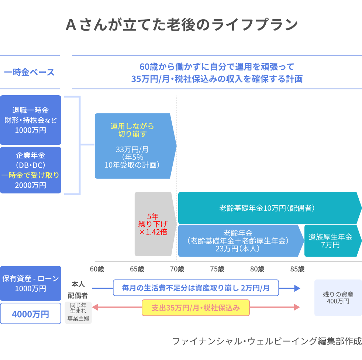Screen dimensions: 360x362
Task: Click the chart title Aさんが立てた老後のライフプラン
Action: pyautogui.click(x=181, y=25)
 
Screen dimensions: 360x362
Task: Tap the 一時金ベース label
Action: pyautogui.click(x=29, y=72)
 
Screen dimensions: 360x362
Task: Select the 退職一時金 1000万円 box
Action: pyautogui.click(x=31, y=120)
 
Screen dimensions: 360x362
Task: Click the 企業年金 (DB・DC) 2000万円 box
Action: pyautogui.click(x=31, y=170)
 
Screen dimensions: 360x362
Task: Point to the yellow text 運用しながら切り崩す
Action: pyautogui.click(x=132, y=130)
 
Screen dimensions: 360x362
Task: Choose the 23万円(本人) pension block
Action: pyautogui.click(x=238, y=241)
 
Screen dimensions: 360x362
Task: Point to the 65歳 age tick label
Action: pyautogui.click(x=137, y=269)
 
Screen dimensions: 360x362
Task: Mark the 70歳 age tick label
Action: pyautogui.click(x=177, y=269)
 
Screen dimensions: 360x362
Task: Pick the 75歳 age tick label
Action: pyautogui.click(x=217, y=269)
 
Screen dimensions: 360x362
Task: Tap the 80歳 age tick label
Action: pyautogui.click(x=257, y=269)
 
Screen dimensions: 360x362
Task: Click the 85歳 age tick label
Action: pyautogui.click(x=297, y=269)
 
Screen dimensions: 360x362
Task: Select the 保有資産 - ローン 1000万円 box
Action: pyautogui.click(x=31, y=283)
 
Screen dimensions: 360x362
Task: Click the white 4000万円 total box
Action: pyautogui.click(x=31, y=314)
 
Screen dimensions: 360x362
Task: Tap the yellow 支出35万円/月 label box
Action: pyautogui.click(x=196, y=308)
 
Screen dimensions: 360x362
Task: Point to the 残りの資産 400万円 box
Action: pyautogui.click(x=338, y=298)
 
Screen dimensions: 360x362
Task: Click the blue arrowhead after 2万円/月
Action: pyautogui.click(x=297, y=288)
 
